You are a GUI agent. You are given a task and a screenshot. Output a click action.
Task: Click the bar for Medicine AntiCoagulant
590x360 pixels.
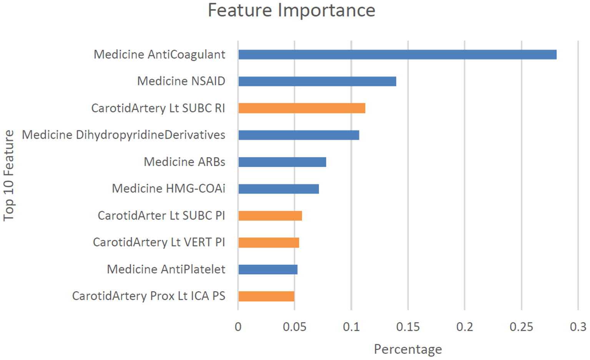click(397, 55)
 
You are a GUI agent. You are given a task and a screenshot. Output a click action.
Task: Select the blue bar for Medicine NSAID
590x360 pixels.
click(317, 82)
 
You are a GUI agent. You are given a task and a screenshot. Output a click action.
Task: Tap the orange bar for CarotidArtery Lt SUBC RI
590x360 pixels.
click(302, 108)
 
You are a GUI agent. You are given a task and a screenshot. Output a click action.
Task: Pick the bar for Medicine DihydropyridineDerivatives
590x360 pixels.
click(299, 135)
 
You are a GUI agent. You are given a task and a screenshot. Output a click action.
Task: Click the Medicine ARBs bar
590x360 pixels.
click(282, 162)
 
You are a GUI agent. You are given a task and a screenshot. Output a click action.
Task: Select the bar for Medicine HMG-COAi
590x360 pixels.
click(278, 189)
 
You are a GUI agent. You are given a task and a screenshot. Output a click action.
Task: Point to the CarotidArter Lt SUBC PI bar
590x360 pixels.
click(270, 216)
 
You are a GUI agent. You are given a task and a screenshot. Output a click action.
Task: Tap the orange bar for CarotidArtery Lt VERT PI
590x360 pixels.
click(269, 243)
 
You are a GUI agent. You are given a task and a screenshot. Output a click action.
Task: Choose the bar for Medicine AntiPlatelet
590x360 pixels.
click(268, 270)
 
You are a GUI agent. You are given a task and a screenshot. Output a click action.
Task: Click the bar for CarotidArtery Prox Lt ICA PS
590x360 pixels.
click(266, 297)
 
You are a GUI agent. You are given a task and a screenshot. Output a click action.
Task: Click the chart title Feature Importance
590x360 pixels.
click(291, 10)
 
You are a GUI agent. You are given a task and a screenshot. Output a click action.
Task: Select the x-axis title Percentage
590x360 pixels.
click(408, 349)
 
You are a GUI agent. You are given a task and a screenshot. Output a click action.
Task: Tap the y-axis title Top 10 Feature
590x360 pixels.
click(8, 175)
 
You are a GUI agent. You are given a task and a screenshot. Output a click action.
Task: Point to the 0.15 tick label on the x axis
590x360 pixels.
click(408, 327)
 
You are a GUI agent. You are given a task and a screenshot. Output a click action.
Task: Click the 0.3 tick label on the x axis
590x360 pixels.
click(578, 327)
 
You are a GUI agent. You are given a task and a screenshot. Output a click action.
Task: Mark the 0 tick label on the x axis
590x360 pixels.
click(238, 327)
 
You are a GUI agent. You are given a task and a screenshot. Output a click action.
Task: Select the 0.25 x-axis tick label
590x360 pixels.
click(521, 327)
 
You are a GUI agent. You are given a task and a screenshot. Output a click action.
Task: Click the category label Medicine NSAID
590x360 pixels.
click(181, 81)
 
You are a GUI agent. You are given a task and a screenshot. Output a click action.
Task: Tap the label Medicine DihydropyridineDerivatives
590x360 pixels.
click(123, 135)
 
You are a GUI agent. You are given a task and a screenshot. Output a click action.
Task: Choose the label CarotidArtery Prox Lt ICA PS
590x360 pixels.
click(148, 296)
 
